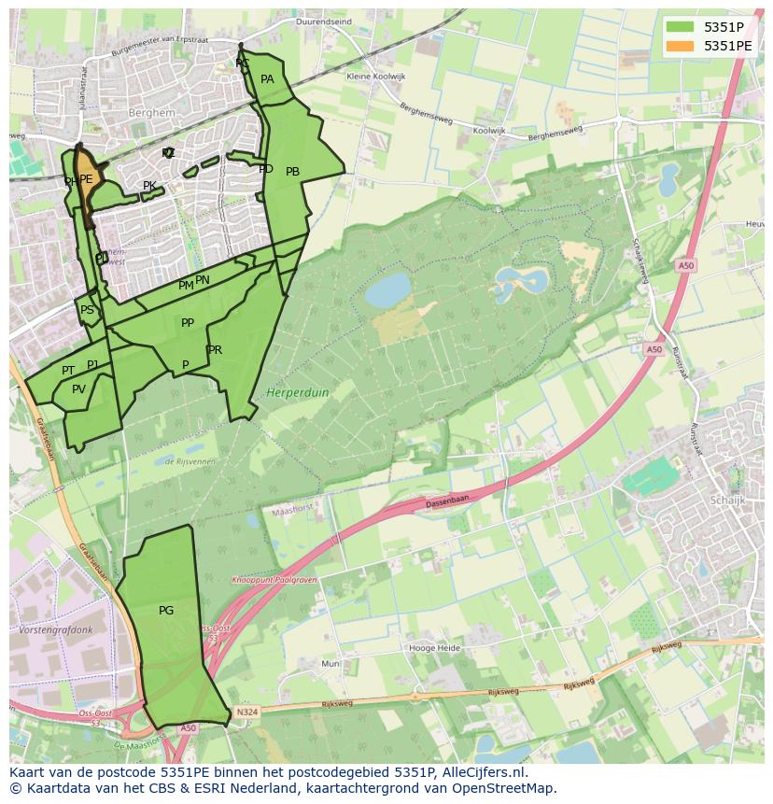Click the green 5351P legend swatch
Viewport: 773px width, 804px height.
(680, 27)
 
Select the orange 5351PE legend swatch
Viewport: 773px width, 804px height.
(680, 46)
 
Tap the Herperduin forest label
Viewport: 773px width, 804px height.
(298, 393)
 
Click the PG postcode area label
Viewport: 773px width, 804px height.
(166, 611)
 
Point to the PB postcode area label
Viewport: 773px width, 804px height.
(292, 172)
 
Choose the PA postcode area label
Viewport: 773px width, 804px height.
(267, 79)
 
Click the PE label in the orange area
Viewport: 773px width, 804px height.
(86, 179)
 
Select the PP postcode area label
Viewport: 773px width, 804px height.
(188, 323)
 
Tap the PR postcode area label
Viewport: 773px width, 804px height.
(216, 350)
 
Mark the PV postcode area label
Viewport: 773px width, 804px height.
(78, 389)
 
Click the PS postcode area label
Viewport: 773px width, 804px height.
(87, 310)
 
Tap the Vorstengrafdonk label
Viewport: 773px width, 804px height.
(55, 630)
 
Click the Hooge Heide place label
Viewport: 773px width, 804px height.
(435, 647)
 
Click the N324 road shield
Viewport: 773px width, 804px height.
(246, 712)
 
